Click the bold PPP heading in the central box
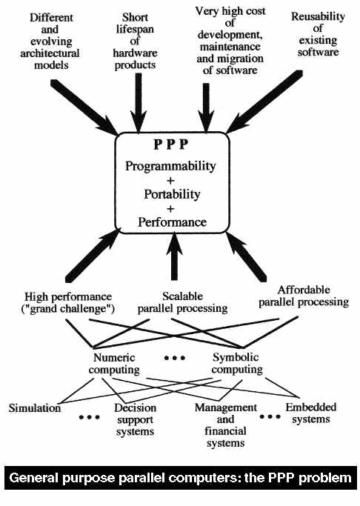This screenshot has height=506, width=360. tap(170, 144)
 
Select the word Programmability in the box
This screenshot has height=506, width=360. tap(170, 167)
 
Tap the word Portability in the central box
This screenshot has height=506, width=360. tap(172, 195)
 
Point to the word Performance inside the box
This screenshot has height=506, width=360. tap(173, 222)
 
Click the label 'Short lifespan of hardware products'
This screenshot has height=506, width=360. tap(135, 41)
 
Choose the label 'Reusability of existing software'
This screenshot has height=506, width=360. tap(318, 34)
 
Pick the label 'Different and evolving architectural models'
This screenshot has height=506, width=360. tap(50, 41)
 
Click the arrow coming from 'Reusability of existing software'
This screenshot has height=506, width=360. tap(264, 101)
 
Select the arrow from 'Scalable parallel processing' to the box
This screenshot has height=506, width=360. tap(174, 256)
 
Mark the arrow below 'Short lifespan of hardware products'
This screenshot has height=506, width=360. tap(139, 103)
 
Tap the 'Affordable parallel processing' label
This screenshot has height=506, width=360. tap(304, 296)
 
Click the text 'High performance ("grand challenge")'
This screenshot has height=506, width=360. tap(68, 303)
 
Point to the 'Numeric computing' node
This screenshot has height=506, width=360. tap(114, 364)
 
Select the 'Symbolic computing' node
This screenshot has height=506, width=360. tap(237, 363)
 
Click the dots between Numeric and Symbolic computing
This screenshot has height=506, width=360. tap(175, 358)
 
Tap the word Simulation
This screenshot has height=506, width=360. tap(35, 408)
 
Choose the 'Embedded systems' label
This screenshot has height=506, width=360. tap(311, 413)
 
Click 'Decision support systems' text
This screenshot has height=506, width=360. tap(135, 420)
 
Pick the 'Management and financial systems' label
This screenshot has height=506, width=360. tap(225, 425)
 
